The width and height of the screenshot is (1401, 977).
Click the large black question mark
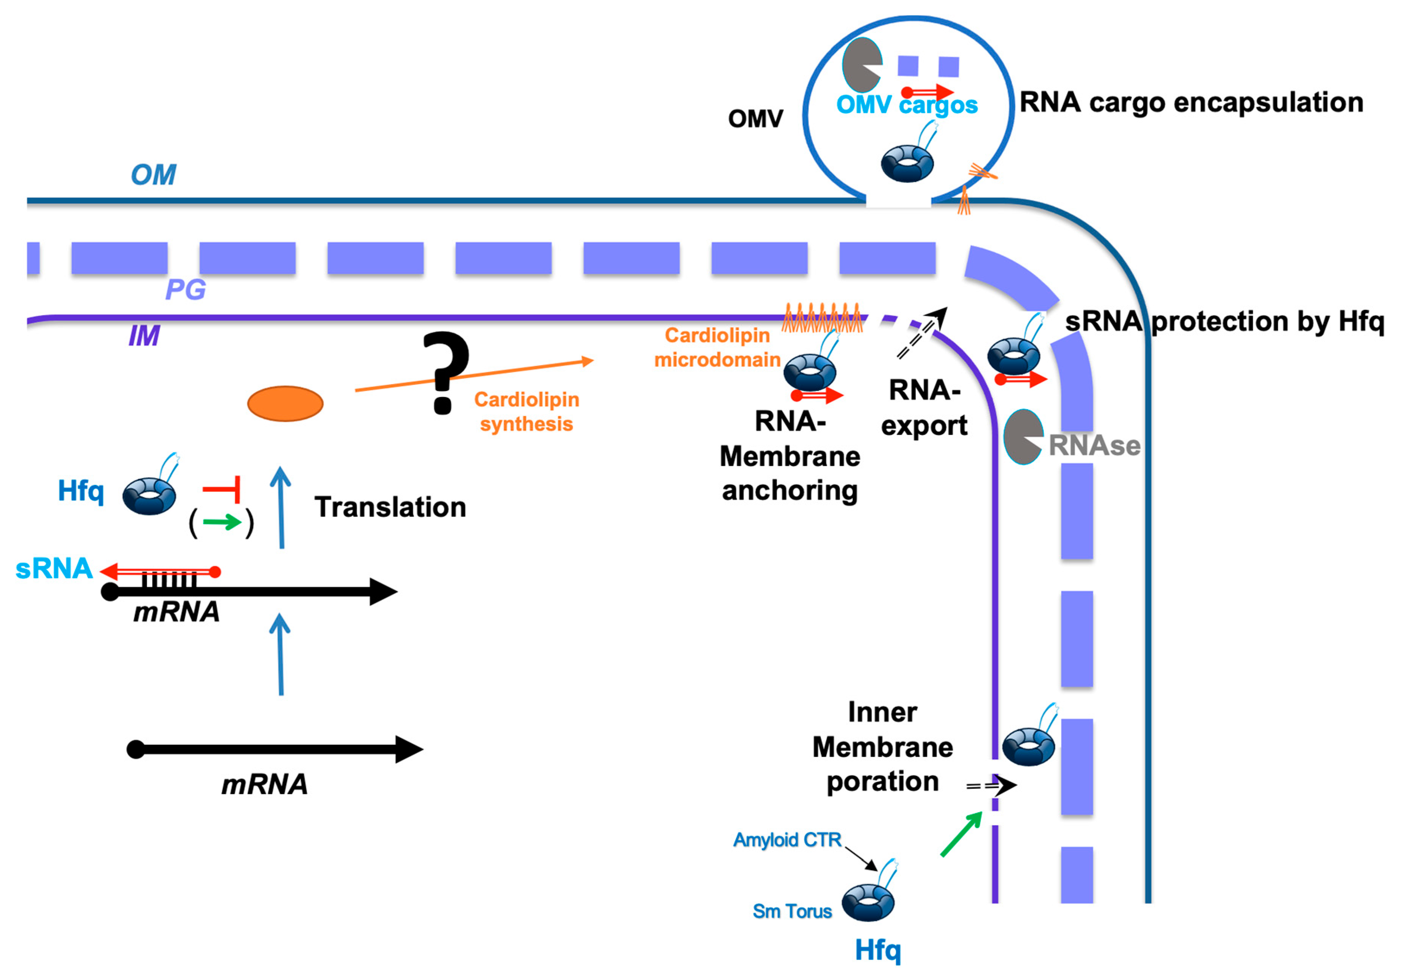pyautogui.click(x=446, y=372)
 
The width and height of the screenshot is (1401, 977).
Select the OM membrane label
pyautogui.click(x=153, y=175)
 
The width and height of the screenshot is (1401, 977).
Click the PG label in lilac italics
pyautogui.click(x=185, y=289)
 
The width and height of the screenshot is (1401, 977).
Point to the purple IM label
pyautogui.click(x=144, y=335)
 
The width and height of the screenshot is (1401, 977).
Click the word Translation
pyautogui.click(x=390, y=507)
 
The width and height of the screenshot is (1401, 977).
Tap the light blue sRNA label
pyautogui.click(x=54, y=568)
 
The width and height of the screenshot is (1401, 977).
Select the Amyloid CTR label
pyautogui.click(x=787, y=840)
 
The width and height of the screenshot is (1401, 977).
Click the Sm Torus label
pyautogui.click(x=792, y=911)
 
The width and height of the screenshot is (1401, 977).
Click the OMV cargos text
pyautogui.click(x=907, y=105)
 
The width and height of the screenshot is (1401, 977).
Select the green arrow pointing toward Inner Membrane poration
pyautogui.click(x=961, y=834)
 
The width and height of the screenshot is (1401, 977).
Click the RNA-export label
pyautogui.click(x=924, y=407)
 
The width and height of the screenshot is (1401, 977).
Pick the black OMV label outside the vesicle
pyautogui.click(x=755, y=119)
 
